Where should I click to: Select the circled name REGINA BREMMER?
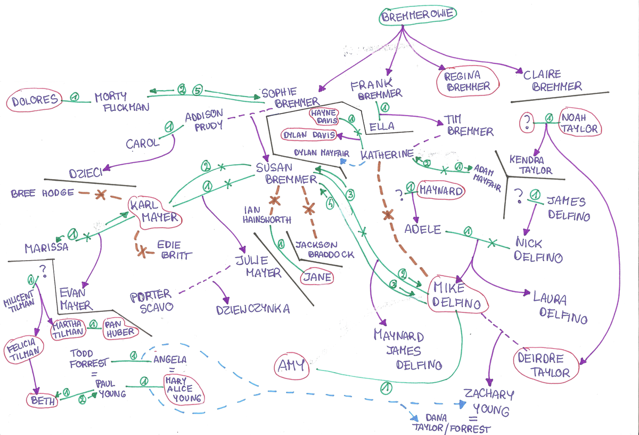click(x=468, y=81)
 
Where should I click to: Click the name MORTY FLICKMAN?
click(x=119, y=101)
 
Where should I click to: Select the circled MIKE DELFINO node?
click(x=457, y=295)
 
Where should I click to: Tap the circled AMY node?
click(x=291, y=365)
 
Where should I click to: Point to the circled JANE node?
click(x=318, y=277)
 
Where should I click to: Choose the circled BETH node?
click(x=43, y=400)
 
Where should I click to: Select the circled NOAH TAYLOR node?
click(x=578, y=123)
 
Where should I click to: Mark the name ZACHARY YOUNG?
click(x=488, y=402)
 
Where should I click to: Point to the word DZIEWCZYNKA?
click(x=252, y=309)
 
